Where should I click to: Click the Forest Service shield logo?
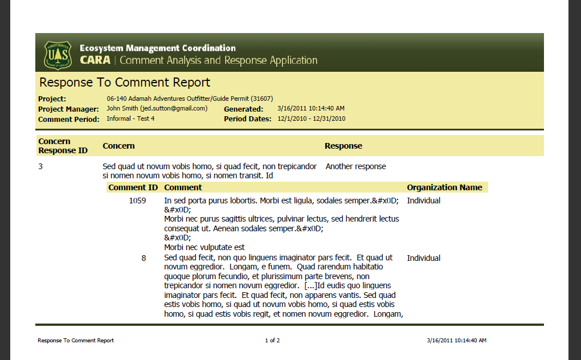pos(58,55)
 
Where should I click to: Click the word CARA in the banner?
pos(95,60)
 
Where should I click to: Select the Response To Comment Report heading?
pos(124,83)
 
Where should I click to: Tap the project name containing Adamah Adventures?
pos(190,99)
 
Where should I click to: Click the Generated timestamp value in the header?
pos(311,108)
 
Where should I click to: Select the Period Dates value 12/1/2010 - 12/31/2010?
pos(312,118)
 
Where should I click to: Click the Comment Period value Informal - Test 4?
pos(130,118)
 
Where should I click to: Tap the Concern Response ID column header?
pos(63,146)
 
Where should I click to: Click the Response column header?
pos(343,146)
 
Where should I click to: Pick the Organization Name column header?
pos(444,187)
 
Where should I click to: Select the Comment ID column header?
pos(133,187)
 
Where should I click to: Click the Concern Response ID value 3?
pos(40,167)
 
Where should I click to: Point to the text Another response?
pos(355,167)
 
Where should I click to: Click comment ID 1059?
pos(137,201)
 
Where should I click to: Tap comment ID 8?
pos(144,258)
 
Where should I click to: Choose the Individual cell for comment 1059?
pos(423,201)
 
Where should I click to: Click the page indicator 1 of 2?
pos(272,341)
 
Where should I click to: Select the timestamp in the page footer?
pos(456,341)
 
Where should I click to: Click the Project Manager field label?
pos(68,109)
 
